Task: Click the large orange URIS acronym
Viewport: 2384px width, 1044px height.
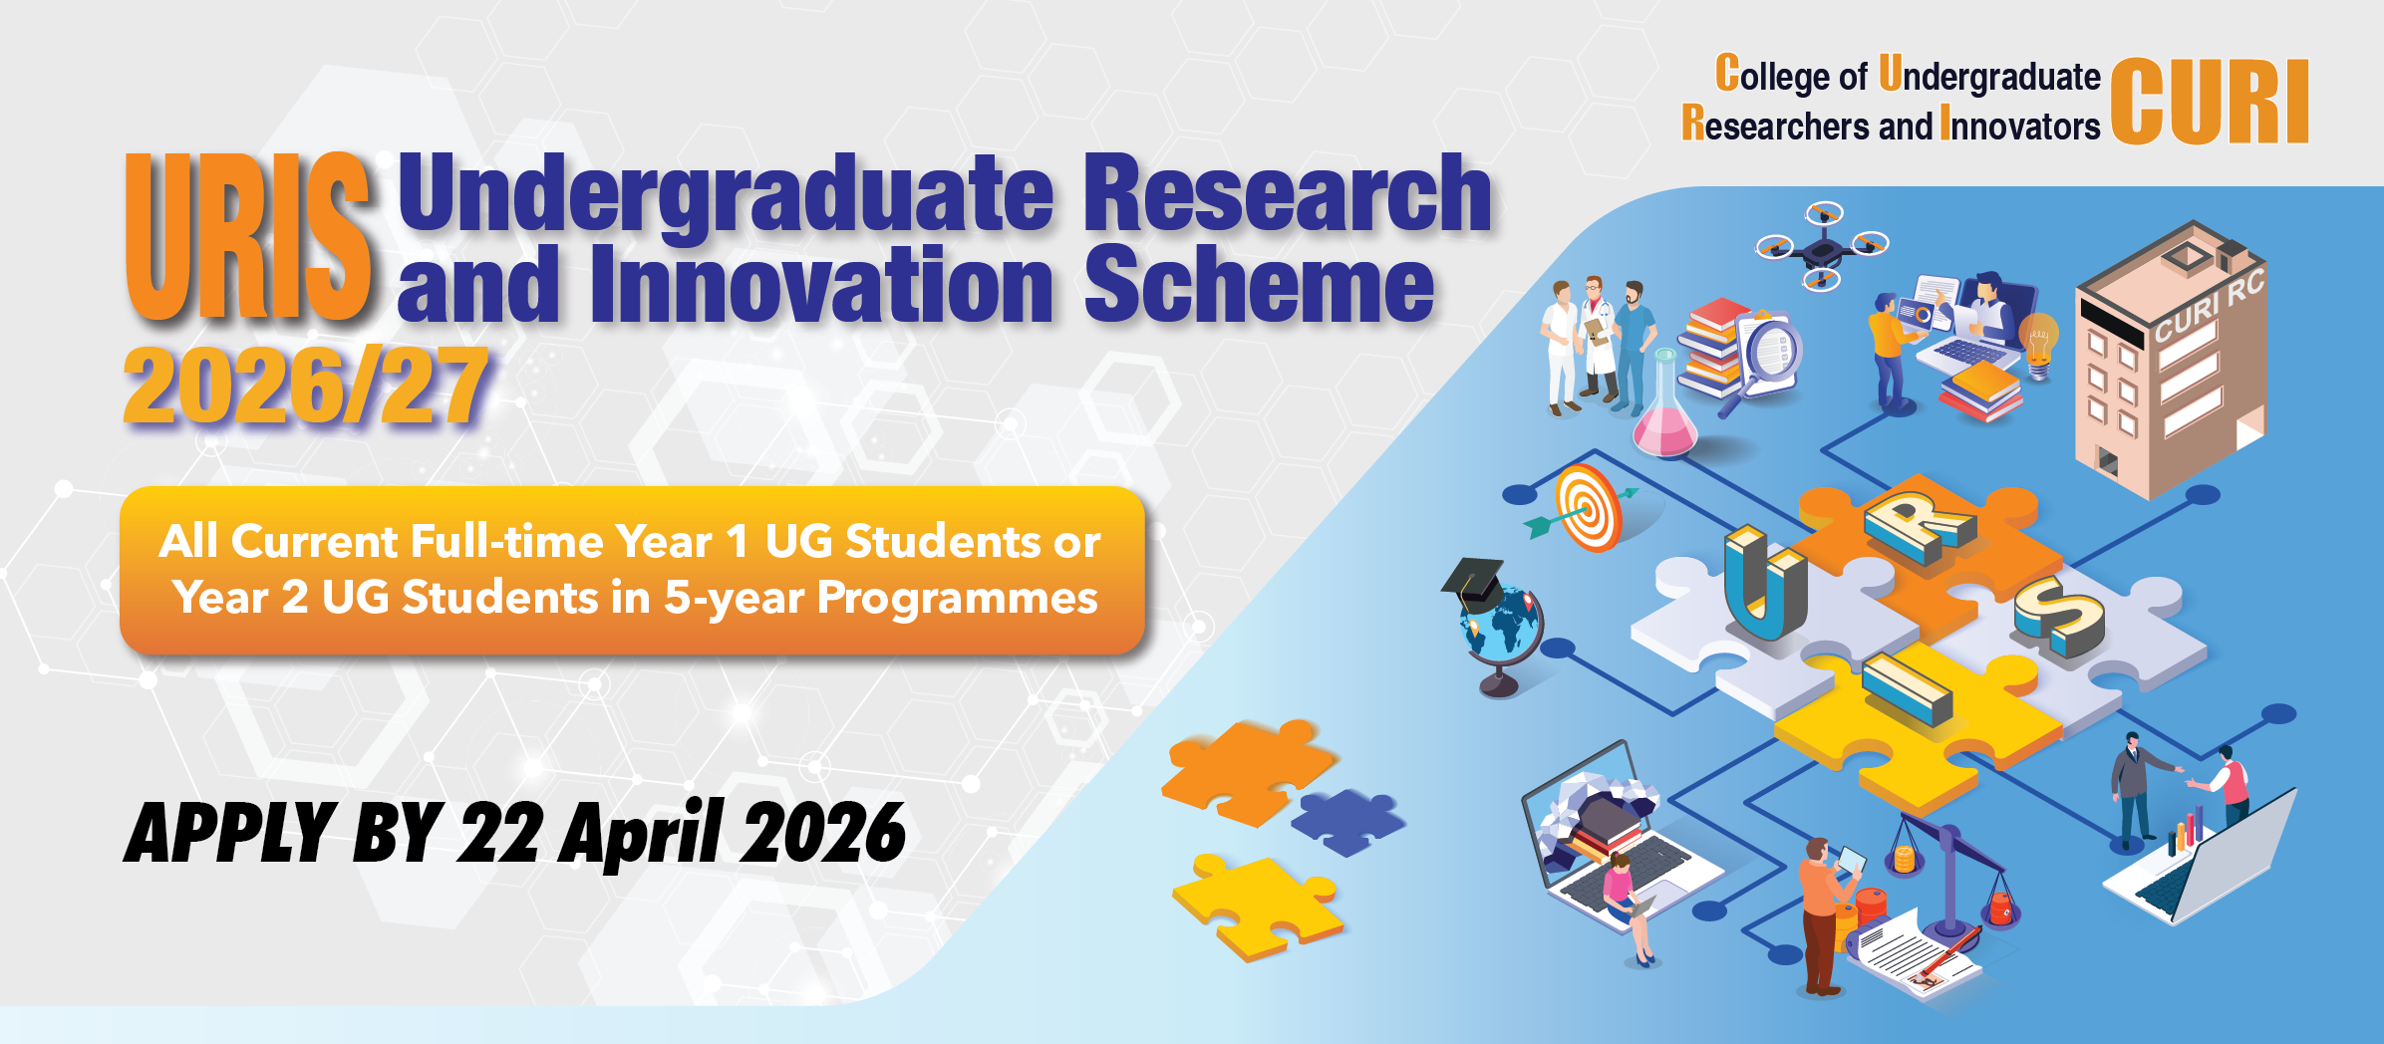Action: (x=248, y=236)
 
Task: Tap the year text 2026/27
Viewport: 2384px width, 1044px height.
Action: (x=306, y=387)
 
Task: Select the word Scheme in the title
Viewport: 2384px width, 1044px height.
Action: (x=1259, y=285)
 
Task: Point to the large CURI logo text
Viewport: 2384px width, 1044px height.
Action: (x=2210, y=102)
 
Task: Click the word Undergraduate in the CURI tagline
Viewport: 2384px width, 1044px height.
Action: (x=1989, y=76)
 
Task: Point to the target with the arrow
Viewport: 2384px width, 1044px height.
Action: (x=1585, y=508)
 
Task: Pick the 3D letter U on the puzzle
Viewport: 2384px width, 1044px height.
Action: (x=1765, y=584)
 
